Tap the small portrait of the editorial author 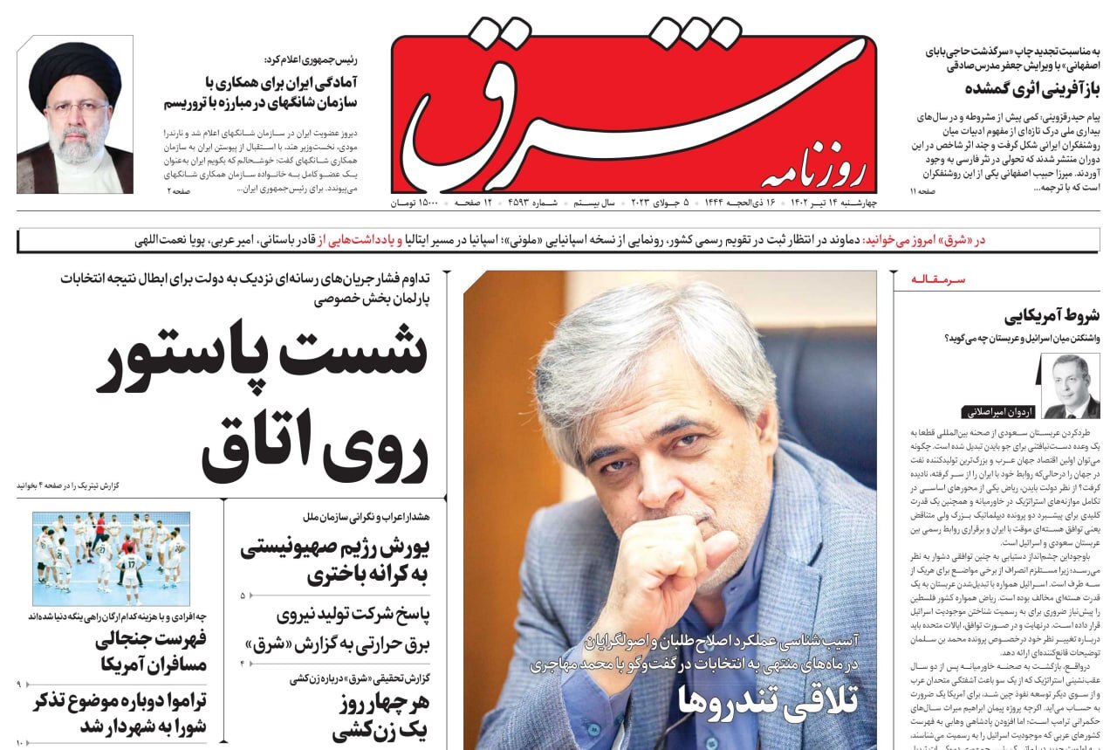(x=1071, y=386)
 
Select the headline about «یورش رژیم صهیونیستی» (x=335, y=561)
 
